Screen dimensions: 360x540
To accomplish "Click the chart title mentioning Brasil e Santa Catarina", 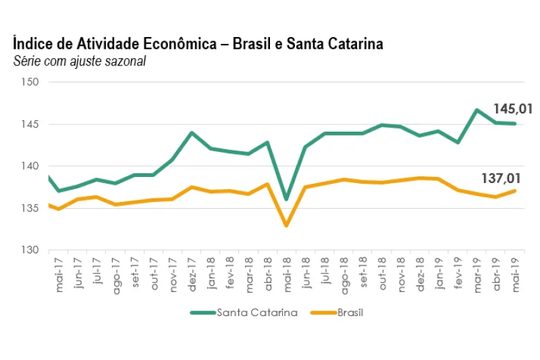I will point(198,45).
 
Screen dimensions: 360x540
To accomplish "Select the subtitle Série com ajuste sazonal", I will point(80,62).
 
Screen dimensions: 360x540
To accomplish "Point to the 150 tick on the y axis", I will point(32,82).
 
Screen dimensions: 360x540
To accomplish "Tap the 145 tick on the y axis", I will point(32,124).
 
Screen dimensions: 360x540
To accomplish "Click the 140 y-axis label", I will point(32,166).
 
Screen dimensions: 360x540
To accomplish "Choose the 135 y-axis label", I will point(32,208).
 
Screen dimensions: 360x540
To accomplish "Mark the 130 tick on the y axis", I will point(32,250).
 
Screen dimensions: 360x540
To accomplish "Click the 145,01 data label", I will point(514,109).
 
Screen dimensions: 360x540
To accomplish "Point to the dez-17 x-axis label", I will point(192,274).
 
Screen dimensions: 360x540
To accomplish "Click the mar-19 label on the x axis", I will point(478,274).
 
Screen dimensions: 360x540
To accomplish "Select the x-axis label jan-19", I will point(440,274).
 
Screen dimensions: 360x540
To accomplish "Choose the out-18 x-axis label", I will point(383,274).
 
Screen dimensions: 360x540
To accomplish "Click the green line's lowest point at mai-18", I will point(286,199).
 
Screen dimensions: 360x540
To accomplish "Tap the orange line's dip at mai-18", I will point(286,226).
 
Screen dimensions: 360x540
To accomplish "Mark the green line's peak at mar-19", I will point(477,109).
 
